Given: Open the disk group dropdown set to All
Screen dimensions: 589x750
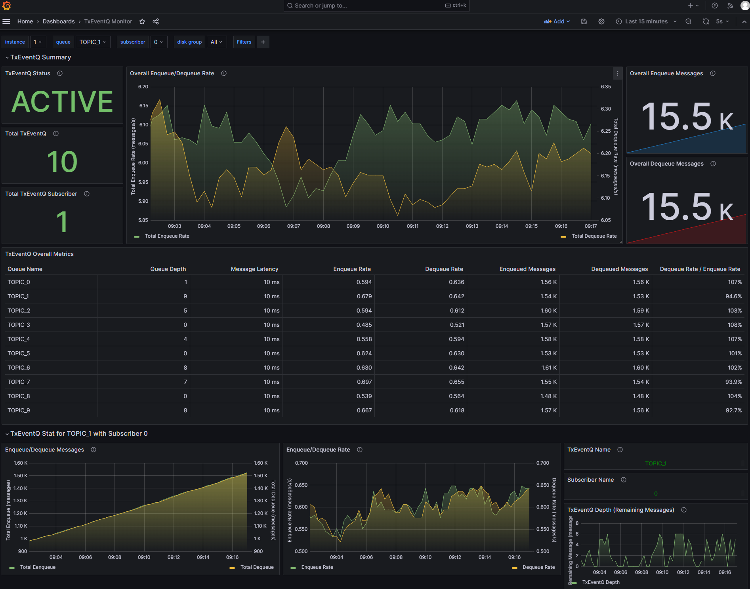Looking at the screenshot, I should coord(216,42).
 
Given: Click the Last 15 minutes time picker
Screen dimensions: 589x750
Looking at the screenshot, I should coord(646,21).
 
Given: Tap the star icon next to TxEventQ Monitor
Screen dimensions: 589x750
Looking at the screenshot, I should coord(142,21).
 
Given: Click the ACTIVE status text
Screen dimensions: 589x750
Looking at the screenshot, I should coord(62,101).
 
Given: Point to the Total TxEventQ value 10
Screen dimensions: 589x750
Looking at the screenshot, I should coord(62,162).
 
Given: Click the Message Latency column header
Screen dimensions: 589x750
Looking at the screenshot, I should coord(254,269).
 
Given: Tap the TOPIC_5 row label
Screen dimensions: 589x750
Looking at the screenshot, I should coord(19,353).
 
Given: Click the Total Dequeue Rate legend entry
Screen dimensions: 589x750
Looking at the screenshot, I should coord(594,236).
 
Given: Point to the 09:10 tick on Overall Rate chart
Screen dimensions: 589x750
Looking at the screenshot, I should coord(383,226).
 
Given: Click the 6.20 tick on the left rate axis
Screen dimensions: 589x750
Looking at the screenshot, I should coord(143,87).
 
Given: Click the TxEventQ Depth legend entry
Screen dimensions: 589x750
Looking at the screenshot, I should coord(601,582).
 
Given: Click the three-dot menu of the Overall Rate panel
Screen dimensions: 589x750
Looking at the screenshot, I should coord(617,73).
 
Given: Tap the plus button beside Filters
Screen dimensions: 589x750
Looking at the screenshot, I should coord(263,42).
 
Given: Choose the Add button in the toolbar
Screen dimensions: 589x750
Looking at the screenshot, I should coord(557,21).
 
